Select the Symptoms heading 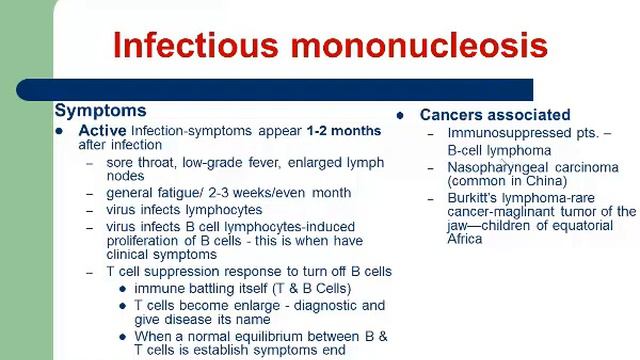[100, 111]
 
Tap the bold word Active [101, 131]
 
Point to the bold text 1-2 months [343, 131]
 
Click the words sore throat [139, 163]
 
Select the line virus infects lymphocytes [184, 210]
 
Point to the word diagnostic [329, 305]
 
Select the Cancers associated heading [495, 115]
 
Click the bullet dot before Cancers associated [400, 115]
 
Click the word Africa [465, 239]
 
